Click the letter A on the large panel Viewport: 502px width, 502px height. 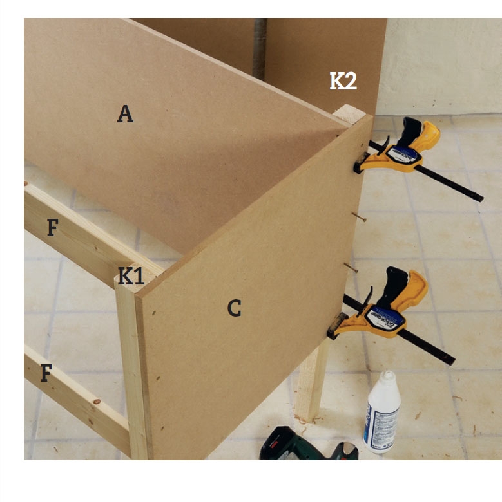pos(125,114)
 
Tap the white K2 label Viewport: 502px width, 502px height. pos(343,81)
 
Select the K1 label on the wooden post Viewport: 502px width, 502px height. pos(131,275)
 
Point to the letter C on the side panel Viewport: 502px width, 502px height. pos(234,308)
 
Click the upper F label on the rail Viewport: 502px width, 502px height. pos(53,227)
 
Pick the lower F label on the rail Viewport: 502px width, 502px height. pos(46,373)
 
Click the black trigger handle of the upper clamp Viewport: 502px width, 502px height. pos(409,131)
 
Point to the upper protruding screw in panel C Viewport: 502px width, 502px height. pos(359,217)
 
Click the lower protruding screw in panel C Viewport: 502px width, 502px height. pos(351,268)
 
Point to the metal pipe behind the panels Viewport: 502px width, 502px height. pos(260,49)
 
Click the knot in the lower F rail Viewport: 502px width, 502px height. pos(97,402)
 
